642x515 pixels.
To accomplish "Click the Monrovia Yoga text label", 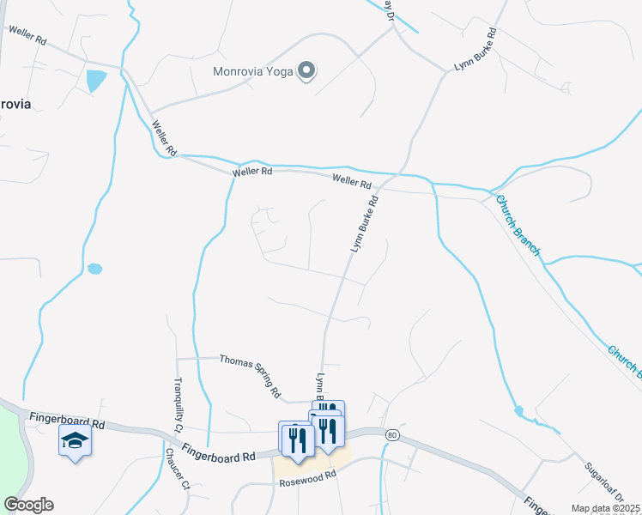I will click(x=253, y=70).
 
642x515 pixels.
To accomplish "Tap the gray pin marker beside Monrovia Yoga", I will click(x=306, y=71).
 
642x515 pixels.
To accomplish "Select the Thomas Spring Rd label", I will click(x=251, y=375).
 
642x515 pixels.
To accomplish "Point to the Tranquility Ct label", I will click(x=179, y=403).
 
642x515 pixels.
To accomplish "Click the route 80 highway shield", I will click(x=392, y=435).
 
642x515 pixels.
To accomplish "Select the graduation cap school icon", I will click(x=75, y=441).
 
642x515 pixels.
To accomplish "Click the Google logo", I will click(x=28, y=505).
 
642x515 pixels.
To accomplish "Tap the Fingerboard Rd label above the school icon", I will click(x=66, y=422).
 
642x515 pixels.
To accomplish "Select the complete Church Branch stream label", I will click(x=518, y=225).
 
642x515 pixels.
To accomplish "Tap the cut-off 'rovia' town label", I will click(x=15, y=104).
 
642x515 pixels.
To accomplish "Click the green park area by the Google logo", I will click(x=11, y=454).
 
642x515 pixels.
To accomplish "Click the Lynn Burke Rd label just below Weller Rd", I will click(x=365, y=225).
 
